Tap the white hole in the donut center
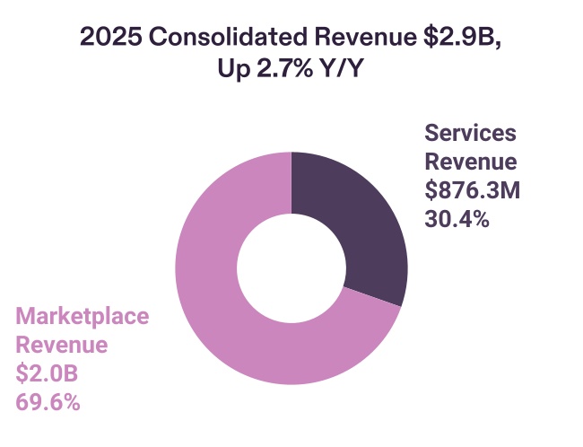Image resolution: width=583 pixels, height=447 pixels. click(x=291, y=268)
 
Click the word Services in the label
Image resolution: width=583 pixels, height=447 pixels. click(x=471, y=134)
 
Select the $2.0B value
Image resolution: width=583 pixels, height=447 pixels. click(x=49, y=373)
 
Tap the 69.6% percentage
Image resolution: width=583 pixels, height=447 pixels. click(x=48, y=402)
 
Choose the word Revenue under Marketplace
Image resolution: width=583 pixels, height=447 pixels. click(x=62, y=346)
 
